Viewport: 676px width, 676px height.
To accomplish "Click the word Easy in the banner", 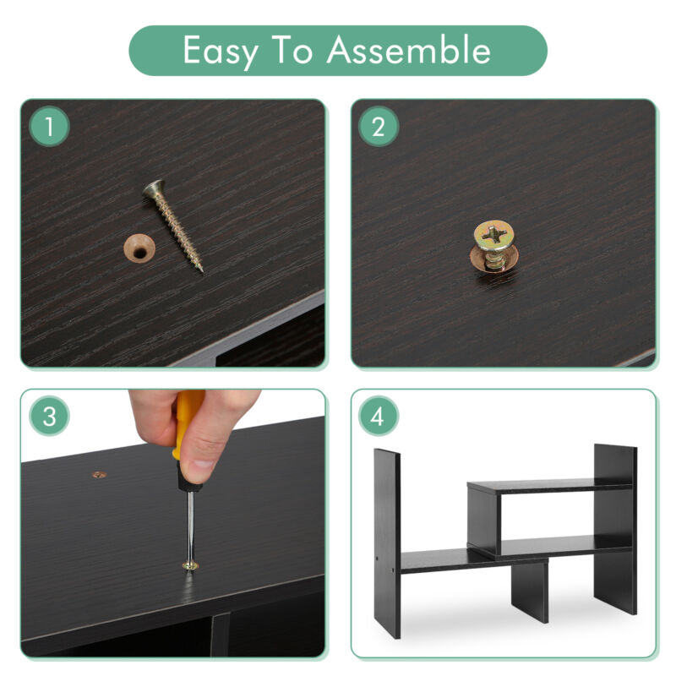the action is [x=221, y=52].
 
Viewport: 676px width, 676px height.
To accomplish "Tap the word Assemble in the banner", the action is [x=408, y=50].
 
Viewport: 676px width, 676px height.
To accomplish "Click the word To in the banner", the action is [x=292, y=50].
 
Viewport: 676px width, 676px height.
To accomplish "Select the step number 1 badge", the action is [x=49, y=126].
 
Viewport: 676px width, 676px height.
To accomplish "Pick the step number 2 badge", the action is [x=378, y=126].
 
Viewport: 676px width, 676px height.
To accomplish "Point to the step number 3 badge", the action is [x=49, y=417].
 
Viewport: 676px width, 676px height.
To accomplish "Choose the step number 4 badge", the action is [x=378, y=417].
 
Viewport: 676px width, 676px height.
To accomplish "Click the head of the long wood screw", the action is [x=155, y=188].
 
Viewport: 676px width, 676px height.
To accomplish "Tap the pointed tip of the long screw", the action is [x=201, y=270].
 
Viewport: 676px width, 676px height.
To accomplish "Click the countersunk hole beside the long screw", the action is [x=139, y=248].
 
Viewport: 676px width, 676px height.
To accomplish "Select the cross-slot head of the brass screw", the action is [x=494, y=236].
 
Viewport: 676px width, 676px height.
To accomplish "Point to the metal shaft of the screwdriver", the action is [x=189, y=525].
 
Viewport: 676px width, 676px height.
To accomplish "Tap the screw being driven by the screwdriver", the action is [x=190, y=565].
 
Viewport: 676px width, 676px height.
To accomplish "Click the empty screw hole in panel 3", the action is [x=99, y=475].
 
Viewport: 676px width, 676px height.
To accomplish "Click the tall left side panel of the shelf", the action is [x=387, y=543].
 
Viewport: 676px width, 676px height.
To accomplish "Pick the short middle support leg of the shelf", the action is [x=530, y=591].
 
